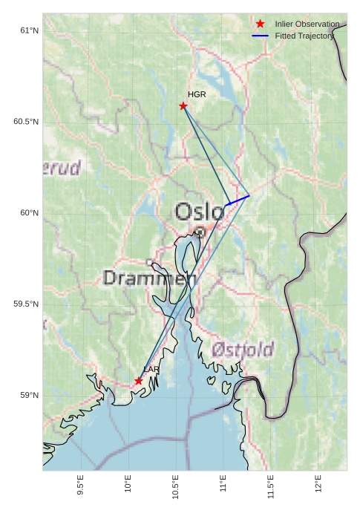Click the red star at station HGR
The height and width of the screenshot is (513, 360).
[183, 106]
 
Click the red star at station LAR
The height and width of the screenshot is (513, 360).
[139, 381]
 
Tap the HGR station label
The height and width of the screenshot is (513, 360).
[197, 95]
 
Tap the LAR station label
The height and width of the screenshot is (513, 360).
[151, 369]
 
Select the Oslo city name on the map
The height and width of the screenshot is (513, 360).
[199, 212]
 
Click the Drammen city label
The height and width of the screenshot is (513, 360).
[149, 278]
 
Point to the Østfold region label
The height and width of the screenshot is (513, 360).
[242, 349]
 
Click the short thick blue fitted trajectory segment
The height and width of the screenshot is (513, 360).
[238, 200]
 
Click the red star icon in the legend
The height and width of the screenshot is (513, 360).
[260, 24]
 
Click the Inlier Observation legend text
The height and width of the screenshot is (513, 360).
[307, 24]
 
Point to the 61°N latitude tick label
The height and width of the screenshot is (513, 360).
[29, 30]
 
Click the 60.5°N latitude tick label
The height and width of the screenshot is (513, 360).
[26, 122]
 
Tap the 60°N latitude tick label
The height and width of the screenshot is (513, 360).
[29, 213]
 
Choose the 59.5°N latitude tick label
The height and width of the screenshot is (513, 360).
[26, 304]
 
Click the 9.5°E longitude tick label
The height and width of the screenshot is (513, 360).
[80, 486]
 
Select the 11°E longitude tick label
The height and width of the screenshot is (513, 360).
[223, 486]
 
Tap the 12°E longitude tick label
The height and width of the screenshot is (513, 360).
[318, 486]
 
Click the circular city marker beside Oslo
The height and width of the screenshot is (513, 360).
[200, 232]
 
